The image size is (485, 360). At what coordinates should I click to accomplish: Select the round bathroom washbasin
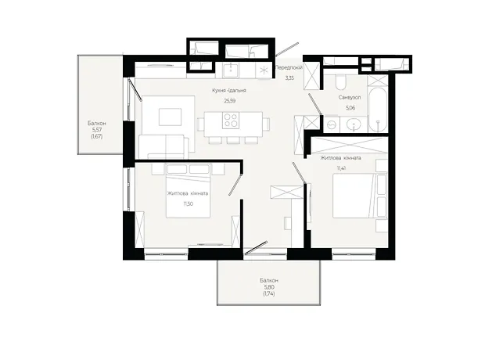point(354,124)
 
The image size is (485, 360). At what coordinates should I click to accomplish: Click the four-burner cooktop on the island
point(231,121)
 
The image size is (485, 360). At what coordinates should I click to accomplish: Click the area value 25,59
point(229,101)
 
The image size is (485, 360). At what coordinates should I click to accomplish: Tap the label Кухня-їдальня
point(229,90)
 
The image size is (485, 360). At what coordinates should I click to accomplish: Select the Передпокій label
point(289,67)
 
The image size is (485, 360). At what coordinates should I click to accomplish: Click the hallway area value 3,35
point(289,78)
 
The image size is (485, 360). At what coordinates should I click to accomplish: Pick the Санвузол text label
point(350,98)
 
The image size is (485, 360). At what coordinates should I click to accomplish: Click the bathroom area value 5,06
point(350,108)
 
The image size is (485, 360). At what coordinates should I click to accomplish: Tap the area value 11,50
point(188,203)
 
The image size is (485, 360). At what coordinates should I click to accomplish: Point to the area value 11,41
point(341,168)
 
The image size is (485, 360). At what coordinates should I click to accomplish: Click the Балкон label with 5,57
point(96,123)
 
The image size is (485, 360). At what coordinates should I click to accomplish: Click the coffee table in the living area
point(170,117)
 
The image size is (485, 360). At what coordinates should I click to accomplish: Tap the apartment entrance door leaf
point(287,49)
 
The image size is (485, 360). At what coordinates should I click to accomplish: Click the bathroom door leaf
point(315,104)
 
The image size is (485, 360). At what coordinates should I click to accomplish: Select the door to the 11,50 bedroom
point(235,185)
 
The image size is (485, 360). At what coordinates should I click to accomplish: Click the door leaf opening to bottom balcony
point(256,247)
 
